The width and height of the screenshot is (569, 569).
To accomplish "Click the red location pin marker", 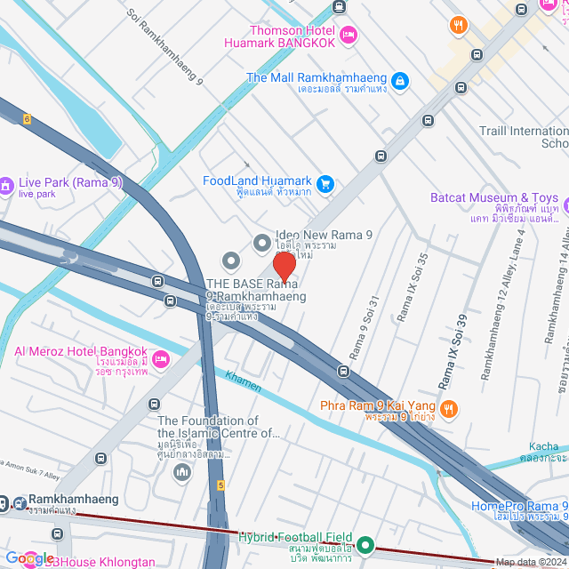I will (284, 267).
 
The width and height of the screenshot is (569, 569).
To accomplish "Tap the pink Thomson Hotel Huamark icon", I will (349, 35).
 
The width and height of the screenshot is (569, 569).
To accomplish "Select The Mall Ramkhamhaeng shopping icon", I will (400, 81).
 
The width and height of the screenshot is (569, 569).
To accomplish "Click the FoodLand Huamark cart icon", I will (325, 184).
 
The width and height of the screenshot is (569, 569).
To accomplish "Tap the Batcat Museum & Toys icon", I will (415, 198).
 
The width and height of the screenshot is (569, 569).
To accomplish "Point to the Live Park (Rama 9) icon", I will (7, 185).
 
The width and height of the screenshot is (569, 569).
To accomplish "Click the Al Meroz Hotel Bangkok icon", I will (160, 358).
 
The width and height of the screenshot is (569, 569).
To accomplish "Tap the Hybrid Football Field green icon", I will (365, 544).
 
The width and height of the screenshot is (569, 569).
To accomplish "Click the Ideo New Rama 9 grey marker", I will (261, 242).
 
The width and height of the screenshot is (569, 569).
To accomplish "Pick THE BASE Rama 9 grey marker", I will (231, 260).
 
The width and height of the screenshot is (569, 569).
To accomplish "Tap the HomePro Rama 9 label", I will (519, 508).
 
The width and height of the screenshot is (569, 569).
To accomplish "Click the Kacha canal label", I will (543, 446).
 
